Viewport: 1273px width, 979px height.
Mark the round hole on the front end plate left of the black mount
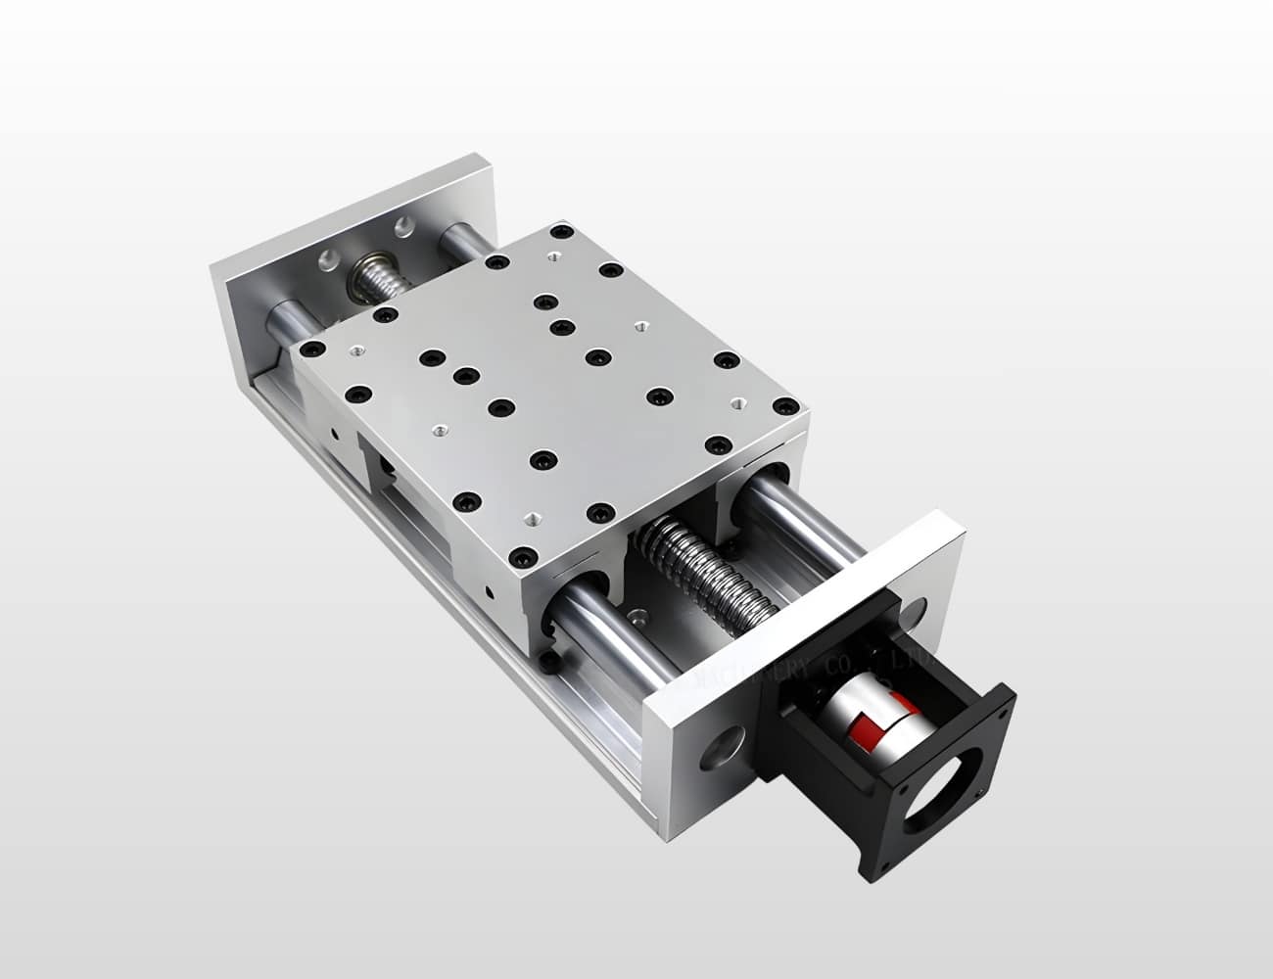click(722, 755)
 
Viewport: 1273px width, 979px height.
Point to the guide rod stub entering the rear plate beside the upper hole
click(460, 238)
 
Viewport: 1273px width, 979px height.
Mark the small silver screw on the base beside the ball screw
click(639, 619)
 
